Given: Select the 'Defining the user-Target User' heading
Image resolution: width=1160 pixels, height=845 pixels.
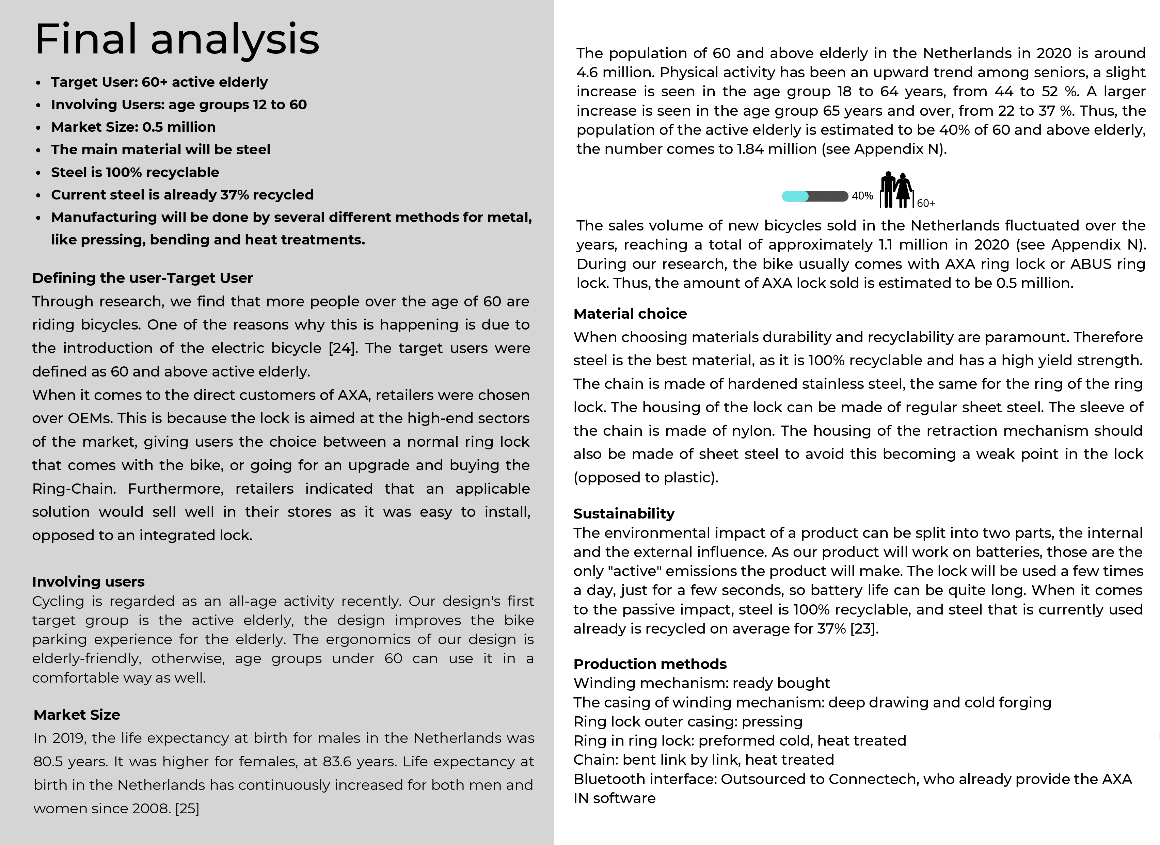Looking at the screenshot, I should tap(142, 278).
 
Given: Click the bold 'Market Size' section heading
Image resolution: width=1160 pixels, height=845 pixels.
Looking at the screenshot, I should tap(77, 715).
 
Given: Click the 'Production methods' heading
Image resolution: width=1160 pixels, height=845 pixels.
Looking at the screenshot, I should tap(650, 664).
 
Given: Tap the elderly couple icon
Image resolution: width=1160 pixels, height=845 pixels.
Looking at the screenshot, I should tap(896, 190).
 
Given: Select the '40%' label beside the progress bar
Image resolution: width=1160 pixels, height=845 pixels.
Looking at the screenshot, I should tap(862, 196).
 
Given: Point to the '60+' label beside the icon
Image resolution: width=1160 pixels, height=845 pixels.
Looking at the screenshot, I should tap(926, 204).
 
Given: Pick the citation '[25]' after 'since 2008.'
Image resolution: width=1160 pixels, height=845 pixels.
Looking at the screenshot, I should tap(187, 808).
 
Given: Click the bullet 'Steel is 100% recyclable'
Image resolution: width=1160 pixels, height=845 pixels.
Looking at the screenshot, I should tap(135, 172).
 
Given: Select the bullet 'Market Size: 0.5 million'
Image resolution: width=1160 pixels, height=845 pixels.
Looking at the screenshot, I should tap(133, 127).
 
